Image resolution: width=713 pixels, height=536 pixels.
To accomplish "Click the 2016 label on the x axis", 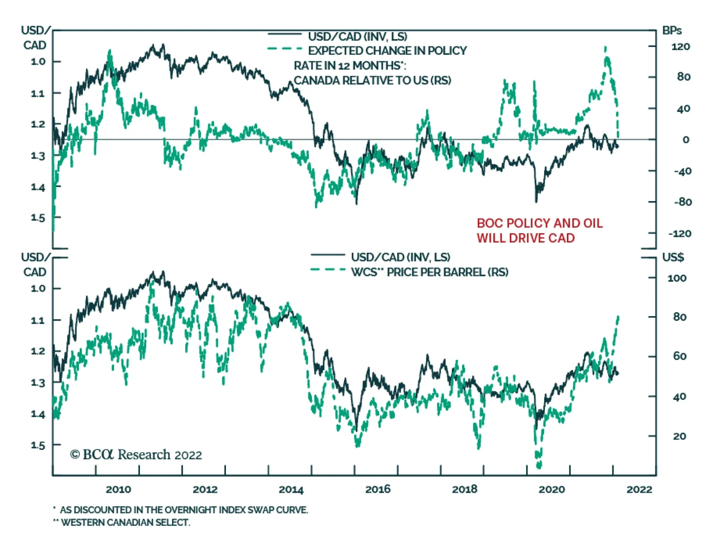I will point(378,489).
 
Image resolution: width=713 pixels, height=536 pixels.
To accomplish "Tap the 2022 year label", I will point(639,489).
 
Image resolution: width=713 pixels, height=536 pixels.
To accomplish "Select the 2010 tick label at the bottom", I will point(118,489).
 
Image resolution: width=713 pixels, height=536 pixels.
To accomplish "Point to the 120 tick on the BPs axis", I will point(680,46).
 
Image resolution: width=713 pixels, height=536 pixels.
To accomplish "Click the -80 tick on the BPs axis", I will point(682,202).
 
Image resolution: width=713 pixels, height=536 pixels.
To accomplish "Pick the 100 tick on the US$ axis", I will point(677,278).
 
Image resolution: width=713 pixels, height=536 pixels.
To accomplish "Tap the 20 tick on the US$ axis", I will point(679,436).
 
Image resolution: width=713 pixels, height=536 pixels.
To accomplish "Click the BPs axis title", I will point(672,31).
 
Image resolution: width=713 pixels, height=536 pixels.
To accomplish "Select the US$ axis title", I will point(673,257).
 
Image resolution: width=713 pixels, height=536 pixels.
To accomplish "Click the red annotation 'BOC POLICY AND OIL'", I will point(540,223).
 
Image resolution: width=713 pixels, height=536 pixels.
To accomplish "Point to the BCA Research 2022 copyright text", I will point(136,454).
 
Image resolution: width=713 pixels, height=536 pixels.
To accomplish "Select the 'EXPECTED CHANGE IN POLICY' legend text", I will point(387,51).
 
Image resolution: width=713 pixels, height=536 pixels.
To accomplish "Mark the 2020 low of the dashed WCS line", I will point(539,466).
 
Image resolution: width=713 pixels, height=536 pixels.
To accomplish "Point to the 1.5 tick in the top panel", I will point(38,218).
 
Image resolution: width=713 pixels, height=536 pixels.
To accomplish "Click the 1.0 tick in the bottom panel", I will point(38,289).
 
